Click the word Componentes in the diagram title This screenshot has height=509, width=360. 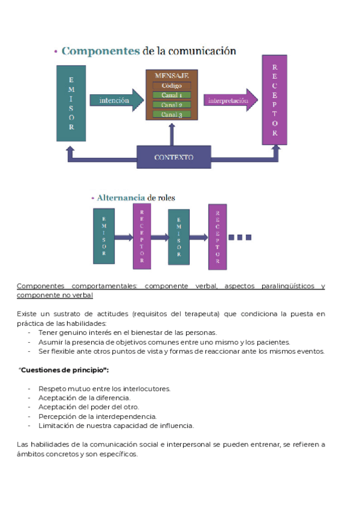pyautogui.click(x=100, y=52)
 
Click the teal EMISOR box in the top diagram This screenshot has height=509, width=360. pyautogui.click(x=71, y=103)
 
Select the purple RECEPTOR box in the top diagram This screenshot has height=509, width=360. pyautogui.click(x=274, y=100)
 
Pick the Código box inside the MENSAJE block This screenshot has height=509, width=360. pyautogui.click(x=172, y=86)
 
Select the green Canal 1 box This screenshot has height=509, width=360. pyautogui.click(x=172, y=95)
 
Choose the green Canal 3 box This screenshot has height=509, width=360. pyautogui.click(x=172, y=114)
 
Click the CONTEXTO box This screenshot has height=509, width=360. pyautogui.click(x=173, y=157)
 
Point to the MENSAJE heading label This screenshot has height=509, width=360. pyautogui.click(x=172, y=76)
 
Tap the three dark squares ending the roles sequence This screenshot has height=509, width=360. pyautogui.click(x=239, y=237)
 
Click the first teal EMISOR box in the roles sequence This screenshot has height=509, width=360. pyautogui.click(x=104, y=236)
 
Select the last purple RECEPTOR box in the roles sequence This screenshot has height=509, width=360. pyautogui.click(x=217, y=236)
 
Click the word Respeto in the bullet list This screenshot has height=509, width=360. pyautogui.click(x=52, y=388)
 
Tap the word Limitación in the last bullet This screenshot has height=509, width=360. pyautogui.click(x=56, y=426)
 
